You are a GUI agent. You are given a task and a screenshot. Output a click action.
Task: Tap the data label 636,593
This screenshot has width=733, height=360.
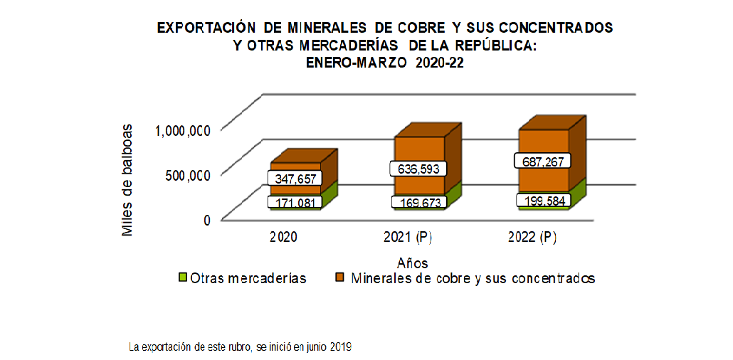tap(418, 169)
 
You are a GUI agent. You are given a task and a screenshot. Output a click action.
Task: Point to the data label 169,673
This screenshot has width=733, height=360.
tap(418, 203)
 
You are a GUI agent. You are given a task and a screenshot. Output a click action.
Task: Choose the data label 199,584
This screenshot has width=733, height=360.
tap(543, 201)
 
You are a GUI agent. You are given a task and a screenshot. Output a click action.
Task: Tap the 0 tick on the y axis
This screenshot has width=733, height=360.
tap(207, 220)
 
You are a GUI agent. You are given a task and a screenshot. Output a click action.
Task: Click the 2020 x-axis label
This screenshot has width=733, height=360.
tap(284, 238)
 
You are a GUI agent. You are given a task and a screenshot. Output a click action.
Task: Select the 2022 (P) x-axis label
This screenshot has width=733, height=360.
tap(532, 238)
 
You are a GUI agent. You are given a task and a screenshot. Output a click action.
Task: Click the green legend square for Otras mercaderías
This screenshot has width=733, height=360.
tap(182, 277)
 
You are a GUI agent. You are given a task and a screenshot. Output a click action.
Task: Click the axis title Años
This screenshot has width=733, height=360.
tap(413, 263)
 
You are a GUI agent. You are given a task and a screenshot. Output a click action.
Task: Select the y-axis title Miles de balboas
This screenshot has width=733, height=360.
tap(127, 179)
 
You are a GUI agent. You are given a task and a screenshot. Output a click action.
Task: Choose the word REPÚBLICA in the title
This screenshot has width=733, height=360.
tap(495, 46)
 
